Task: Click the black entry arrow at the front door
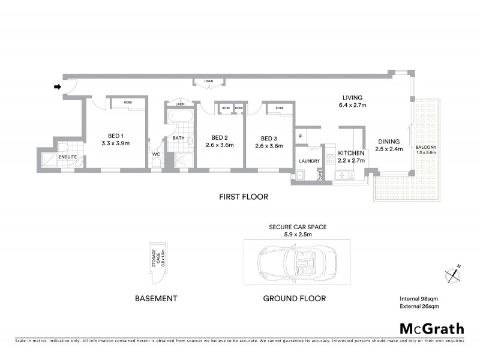click(x=58, y=87)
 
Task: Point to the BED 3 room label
click(x=268, y=136)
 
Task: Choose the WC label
click(x=157, y=154)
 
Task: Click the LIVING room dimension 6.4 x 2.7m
click(x=353, y=106)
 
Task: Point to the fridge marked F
click(x=300, y=136)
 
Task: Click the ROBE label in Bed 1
click(x=128, y=103)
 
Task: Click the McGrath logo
click(x=431, y=328)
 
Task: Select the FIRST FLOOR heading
click(x=243, y=197)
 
